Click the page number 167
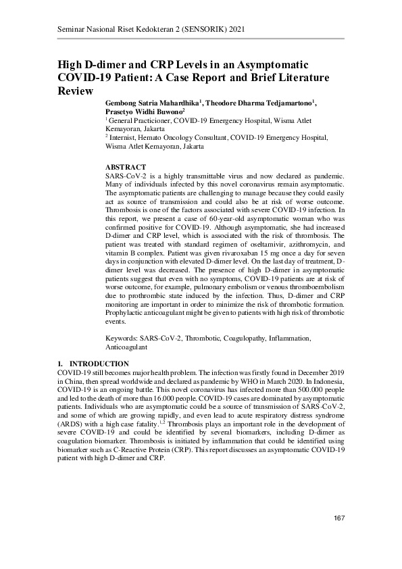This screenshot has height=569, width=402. click(x=339, y=518)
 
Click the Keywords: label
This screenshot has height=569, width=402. click(x=122, y=337)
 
